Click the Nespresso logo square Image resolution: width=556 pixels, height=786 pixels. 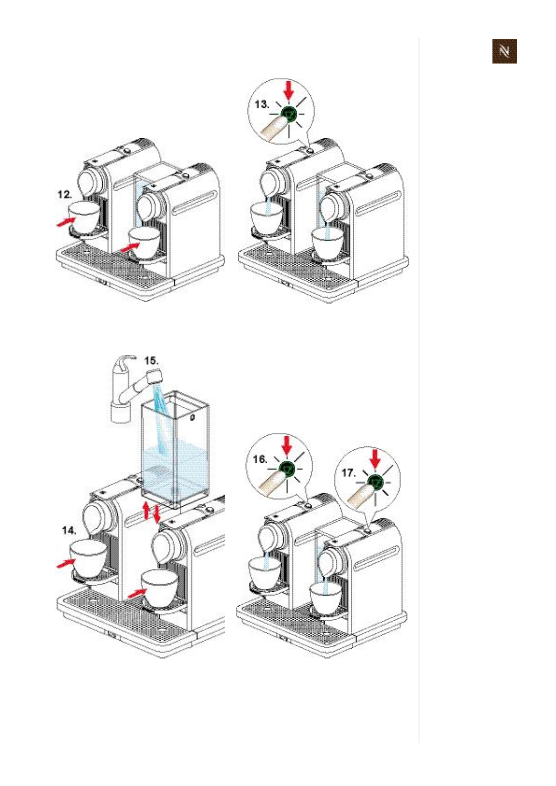pos(504,51)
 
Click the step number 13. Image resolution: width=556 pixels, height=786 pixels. pos(262,104)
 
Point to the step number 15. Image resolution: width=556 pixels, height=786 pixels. pos(151,361)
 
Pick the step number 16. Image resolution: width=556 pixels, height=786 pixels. pos(260,459)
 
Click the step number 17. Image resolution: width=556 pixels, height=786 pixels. pos(349,473)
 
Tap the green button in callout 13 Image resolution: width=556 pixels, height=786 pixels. pos(289,113)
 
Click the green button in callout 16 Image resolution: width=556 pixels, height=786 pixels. pos(287,468)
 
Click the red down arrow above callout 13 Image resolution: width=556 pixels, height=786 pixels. pos(289,90)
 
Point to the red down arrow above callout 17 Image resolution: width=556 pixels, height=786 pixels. pos(376,458)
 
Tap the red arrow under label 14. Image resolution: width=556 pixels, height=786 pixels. pos(66,563)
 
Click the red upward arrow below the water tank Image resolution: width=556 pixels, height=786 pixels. pos(147,510)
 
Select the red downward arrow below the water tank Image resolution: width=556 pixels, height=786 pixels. pos(157,513)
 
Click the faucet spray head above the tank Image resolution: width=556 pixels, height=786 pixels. pos(155,376)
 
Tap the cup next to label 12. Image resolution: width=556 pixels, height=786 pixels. pos(84,218)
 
